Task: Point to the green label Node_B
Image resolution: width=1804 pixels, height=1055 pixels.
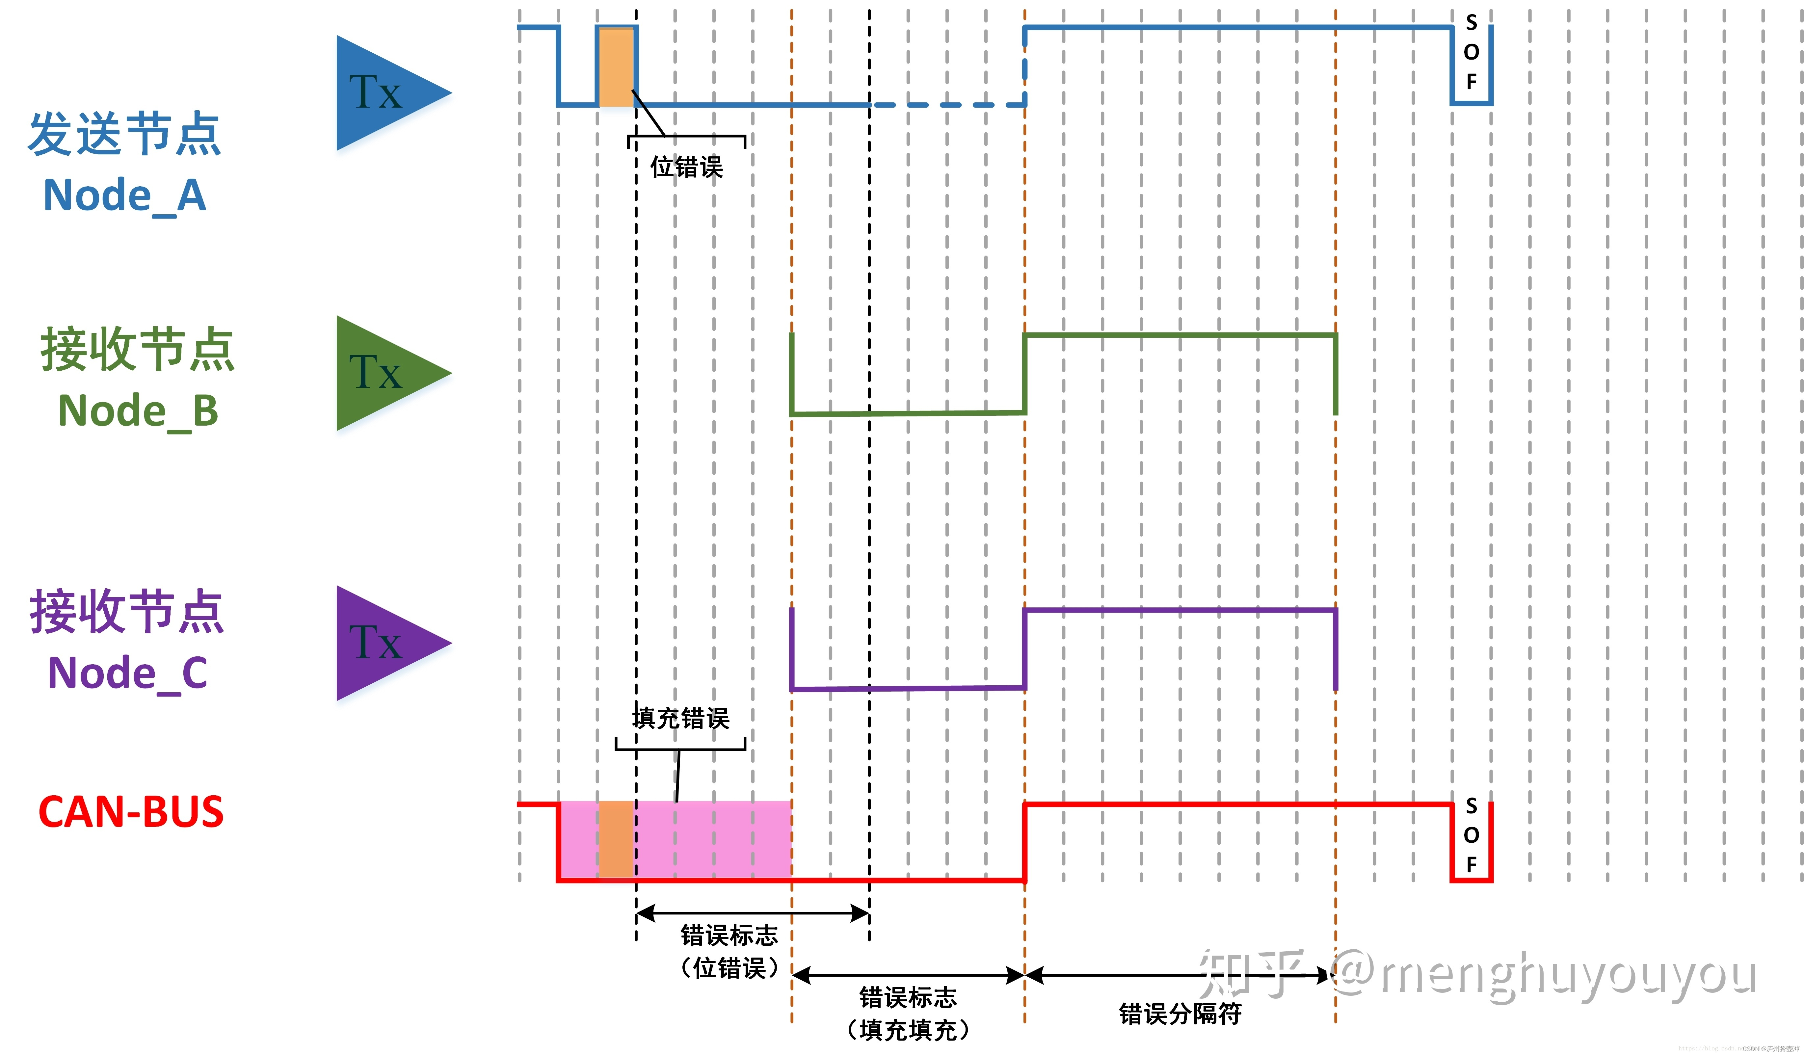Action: click(138, 411)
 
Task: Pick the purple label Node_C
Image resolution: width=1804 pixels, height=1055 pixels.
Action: click(127, 673)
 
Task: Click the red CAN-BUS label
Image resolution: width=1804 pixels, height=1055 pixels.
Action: click(131, 812)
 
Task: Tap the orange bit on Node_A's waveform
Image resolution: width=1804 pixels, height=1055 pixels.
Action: click(616, 66)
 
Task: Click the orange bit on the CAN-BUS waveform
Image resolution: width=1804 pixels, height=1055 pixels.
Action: click(616, 839)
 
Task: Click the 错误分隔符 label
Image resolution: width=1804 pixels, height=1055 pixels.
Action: click(1180, 1014)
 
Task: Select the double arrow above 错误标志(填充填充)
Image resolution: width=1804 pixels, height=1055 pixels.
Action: click(908, 975)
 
